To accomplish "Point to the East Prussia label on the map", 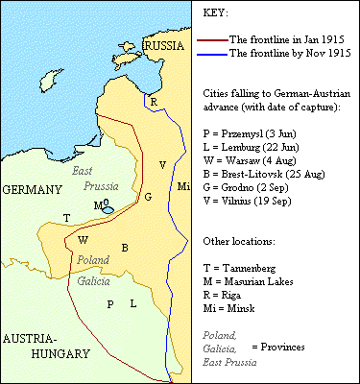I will pyautogui.click(x=90, y=179).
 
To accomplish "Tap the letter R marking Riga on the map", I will pyautogui.click(x=153, y=101).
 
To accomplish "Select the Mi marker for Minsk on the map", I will pyautogui.click(x=184, y=184).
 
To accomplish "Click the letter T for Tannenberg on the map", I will pyautogui.click(x=66, y=218).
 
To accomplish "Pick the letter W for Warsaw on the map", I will pyautogui.click(x=84, y=240).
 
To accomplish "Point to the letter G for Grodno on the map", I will pyautogui.click(x=147, y=197).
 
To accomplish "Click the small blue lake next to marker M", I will pyautogui.click(x=108, y=208).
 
